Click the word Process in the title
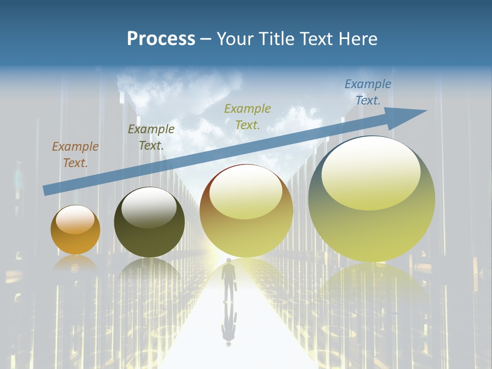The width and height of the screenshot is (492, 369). pyautogui.click(x=161, y=39)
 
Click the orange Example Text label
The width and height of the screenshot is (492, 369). pyautogui.click(x=75, y=155)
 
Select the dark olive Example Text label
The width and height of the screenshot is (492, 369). pyautogui.click(x=151, y=137)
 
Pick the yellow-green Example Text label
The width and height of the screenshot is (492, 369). pyautogui.click(x=248, y=116)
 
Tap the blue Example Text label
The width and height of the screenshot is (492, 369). pyautogui.click(x=368, y=92)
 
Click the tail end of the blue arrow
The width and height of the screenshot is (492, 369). pyautogui.click(x=45, y=191)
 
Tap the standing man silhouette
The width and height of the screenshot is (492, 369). pyautogui.click(x=228, y=279)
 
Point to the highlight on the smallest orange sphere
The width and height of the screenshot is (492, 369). pyautogui.click(x=75, y=219)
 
